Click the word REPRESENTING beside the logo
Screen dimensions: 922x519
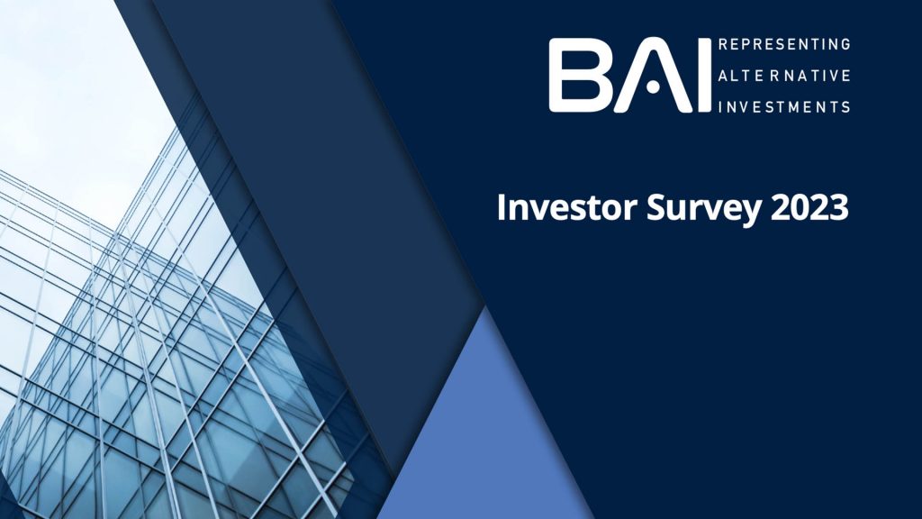point(784,44)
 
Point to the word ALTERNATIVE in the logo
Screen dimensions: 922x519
point(784,76)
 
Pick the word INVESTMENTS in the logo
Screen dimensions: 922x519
point(784,106)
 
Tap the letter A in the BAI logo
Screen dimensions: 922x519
point(652,76)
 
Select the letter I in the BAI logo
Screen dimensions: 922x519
point(705,76)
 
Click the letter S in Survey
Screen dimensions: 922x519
point(656,208)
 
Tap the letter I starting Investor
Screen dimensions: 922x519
point(502,208)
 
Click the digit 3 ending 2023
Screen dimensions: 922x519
point(839,208)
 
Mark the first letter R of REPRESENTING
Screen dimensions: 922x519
point(723,44)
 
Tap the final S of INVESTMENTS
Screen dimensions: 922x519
point(845,106)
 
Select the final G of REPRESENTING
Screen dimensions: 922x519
point(845,44)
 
